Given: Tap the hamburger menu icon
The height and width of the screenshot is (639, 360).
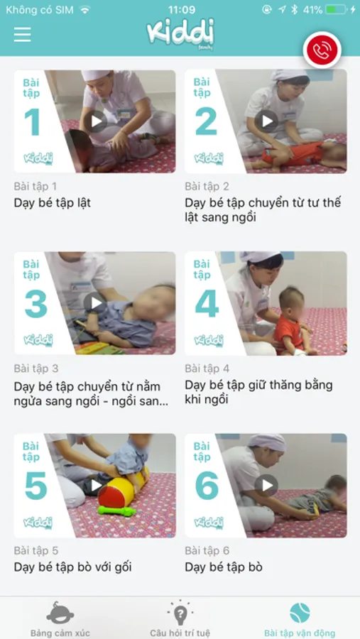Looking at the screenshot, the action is [23, 34].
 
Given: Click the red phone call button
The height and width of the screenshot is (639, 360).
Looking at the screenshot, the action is [322, 50].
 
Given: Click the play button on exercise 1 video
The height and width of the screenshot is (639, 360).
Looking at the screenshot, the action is [97, 121].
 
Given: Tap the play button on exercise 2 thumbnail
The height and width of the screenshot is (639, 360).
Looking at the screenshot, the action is [267, 121].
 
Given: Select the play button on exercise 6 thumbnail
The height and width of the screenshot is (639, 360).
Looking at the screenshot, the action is [267, 485].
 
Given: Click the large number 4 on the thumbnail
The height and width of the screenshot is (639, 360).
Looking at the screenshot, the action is [207, 304].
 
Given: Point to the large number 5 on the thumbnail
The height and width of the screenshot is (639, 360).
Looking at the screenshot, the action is [36, 486].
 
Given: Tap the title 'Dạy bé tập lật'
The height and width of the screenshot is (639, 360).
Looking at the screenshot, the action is [52, 202].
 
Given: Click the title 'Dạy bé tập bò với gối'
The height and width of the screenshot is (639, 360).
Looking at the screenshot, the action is [73, 567].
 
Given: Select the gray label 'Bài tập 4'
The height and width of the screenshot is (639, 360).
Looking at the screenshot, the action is [207, 368].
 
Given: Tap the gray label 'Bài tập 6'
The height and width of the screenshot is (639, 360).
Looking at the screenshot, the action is [207, 550].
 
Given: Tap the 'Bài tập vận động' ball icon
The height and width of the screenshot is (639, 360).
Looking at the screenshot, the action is [300, 613].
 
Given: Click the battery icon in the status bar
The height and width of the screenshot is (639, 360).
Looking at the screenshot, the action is [337, 9].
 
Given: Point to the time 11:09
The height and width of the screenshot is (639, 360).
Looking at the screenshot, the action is [182, 9].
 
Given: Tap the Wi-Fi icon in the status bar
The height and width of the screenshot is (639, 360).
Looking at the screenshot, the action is [84, 10].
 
